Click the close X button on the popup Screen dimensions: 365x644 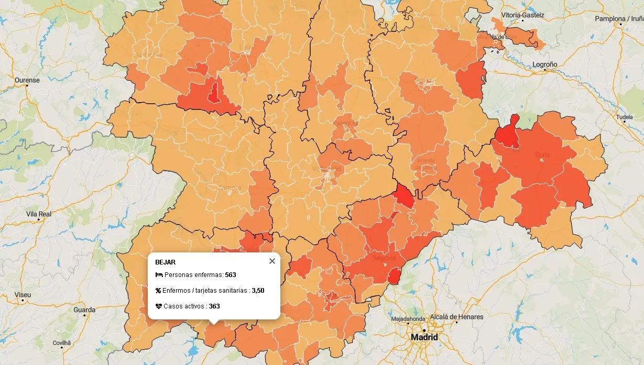pyautogui.click(x=272, y=261)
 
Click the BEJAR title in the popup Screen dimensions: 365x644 pyautogui.click(x=165, y=262)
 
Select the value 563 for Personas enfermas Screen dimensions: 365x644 pyautogui.click(x=231, y=275)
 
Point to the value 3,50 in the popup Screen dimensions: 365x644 pyautogui.click(x=258, y=291)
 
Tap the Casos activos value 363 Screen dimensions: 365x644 pyautogui.click(x=214, y=306)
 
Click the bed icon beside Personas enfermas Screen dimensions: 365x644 pyautogui.click(x=159, y=275)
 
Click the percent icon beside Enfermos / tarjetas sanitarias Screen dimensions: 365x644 pyautogui.click(x=158, y=291)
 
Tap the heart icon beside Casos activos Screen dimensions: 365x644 pyautogui.click(x=159, y=306)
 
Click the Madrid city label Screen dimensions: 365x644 pyautogui.click(x=424, y=337)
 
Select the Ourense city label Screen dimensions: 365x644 pyautogui.click(x=27, y=80)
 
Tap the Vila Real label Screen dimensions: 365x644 pyautogui.click(x=39, y=214)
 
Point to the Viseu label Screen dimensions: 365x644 pyautogui.click(x=23, y=295)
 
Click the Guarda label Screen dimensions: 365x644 pyautogui.click(x=84, y=310)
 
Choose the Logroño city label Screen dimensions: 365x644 pyautogui.click(x=545, y=64)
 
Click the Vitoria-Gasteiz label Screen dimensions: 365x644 pyautogui.click(x=522, y=15)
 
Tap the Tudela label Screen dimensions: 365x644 pyautogui.click(x=624, y=117)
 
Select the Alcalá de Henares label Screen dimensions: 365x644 pyautogui.click(x=456, y=317)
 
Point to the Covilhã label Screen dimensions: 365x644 pyautogui.click(x=61, y=342)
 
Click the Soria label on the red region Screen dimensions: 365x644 pyautogui.click(x=542, y=154)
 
